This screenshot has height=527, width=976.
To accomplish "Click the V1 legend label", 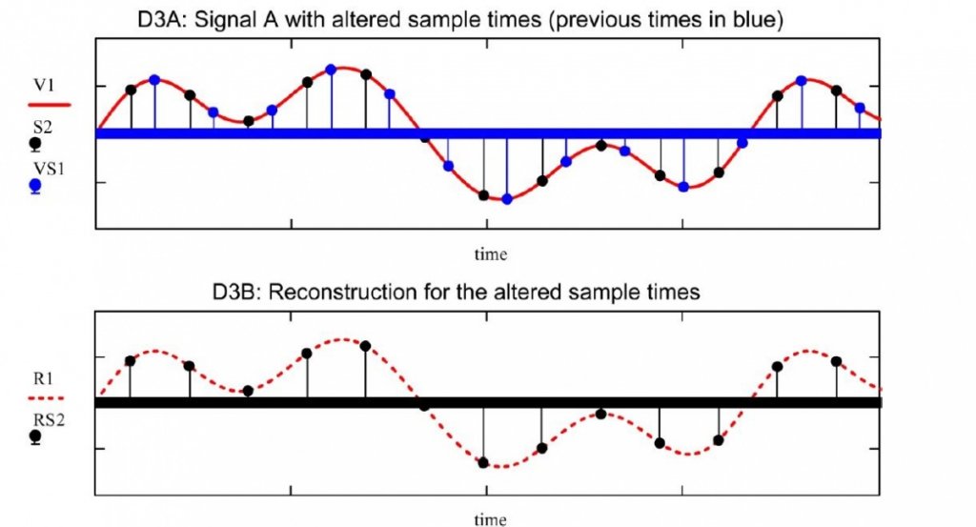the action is tap(43, 85).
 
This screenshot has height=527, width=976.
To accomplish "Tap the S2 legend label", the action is tap(42, 128).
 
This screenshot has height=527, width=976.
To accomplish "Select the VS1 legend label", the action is tap(49, 169).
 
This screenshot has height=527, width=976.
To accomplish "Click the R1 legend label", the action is tap(43, 378).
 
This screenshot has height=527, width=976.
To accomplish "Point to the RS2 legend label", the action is tap(49, 420).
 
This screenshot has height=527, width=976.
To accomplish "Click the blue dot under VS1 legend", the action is tap(35, 186).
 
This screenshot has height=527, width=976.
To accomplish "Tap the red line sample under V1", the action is tap(50, 105).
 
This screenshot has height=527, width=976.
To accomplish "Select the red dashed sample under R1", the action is tap(47, 398).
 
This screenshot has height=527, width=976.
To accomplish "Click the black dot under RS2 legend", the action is tap(35, 436).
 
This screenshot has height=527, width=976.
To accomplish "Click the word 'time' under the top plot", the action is tap(491, 254).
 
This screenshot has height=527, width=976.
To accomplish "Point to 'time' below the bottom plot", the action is tap(491, 519).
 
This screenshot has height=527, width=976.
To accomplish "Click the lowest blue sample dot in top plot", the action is tap(507, 199).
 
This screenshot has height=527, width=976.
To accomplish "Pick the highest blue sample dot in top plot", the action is tap(331, 70).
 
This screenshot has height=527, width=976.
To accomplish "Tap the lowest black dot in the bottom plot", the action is tap(483, 462).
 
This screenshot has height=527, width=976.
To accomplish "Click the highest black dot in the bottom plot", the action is tap(365, 346).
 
